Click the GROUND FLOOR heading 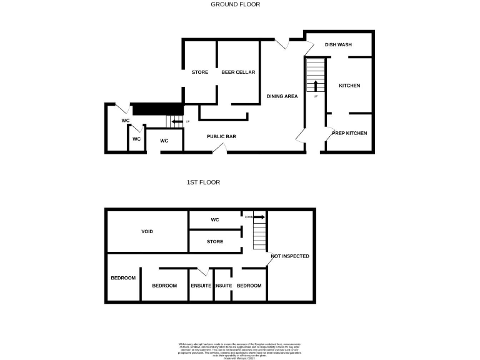pyautogui.click(x=235, y=4)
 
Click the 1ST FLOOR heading pyautogui.click(x=203, y=182)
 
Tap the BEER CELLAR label pyautogui.click(x=238, y=72)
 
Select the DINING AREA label pyautogui.click(x=282, y=96)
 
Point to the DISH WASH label pyautogui.click(x=339, y=45)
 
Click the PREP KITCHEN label pyautogui.click(x=349, y=133)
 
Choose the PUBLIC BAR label pyautogui.click(x=221, y=136)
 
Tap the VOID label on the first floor pyautogui.click(x=147, y=231)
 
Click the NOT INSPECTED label pyautogui.click(x=289, y=256)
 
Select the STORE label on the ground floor pyautogui.click(x=200, y=72)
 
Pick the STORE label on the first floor pyautogui.click(x=214, y=241)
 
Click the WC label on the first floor pyautogui.click(x=214, y=220)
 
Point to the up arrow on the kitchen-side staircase pyautogui.click(x=316, y=86)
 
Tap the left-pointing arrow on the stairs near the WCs pyautogui.click(x=176, y=122)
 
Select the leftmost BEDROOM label pyautogui.click(x=123, y=278)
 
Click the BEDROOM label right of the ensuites pyautogui.click(x=249, y=286)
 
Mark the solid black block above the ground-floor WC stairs pyautogui.click(x=157, y=109)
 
